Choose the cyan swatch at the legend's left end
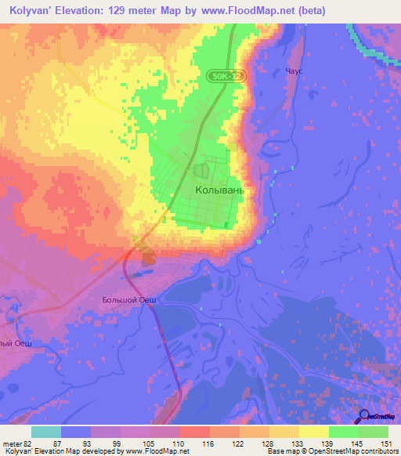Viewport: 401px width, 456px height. click(x=45, y=432)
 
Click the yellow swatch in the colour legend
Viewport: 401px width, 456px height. click(x=313, y=432)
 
